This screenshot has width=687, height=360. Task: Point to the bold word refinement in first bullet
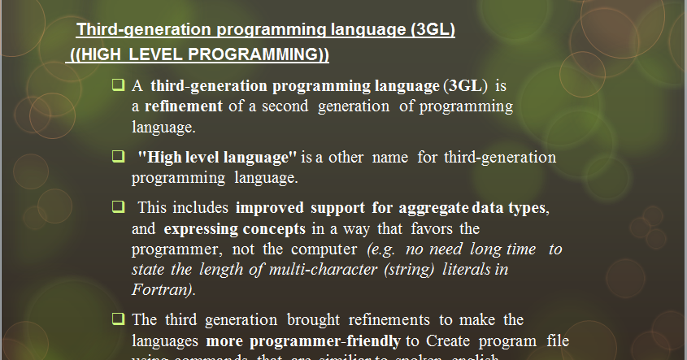pyautogui.click(x=184, y=106)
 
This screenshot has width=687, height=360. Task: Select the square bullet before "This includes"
pyautogui.click(x=118, y=206)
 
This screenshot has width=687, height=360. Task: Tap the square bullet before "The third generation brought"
pyautogui.click(x=118, y=319)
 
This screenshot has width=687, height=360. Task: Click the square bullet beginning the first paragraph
pyautogui.click(x=118, y=84)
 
